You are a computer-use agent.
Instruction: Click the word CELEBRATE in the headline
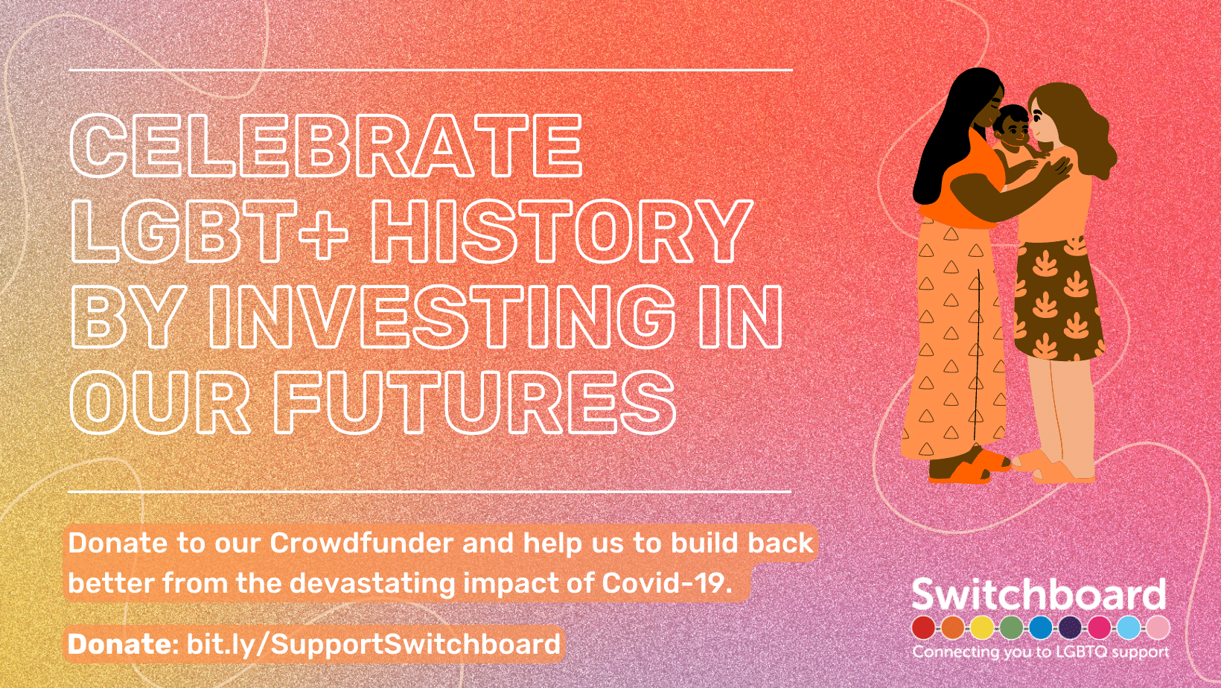[x=327, y=146]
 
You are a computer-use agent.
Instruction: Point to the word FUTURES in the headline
[x=475, y=403]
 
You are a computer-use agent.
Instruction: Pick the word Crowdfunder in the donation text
[x=361, y=543]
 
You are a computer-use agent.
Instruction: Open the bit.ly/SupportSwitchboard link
[x=374, y=644]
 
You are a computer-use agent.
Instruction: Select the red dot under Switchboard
[x=923, y=628]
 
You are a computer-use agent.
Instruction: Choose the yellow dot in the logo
[x=982, y=628]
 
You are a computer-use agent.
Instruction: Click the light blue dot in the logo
[x=1129, y=628]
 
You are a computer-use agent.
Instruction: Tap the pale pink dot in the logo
[x=1158, y=628]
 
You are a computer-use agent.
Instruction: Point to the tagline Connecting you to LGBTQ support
[x=1041, y=652]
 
